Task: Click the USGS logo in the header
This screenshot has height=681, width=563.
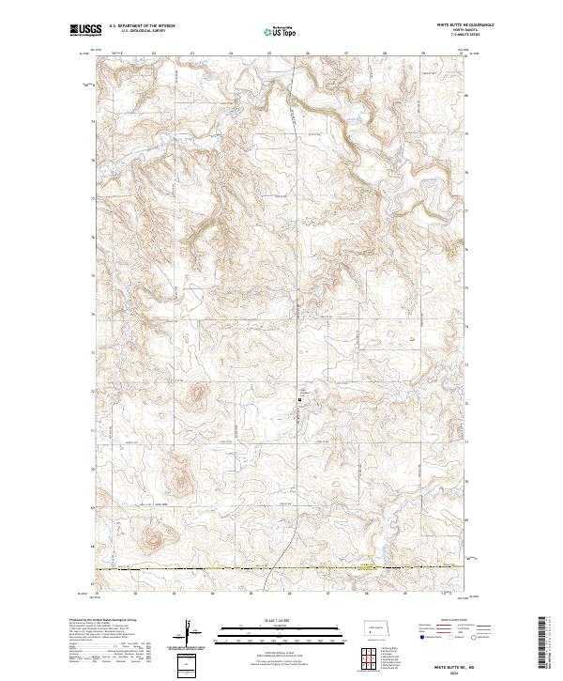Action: tap(85, 31)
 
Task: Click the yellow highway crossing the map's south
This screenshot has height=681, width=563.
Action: tap(281, 567)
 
